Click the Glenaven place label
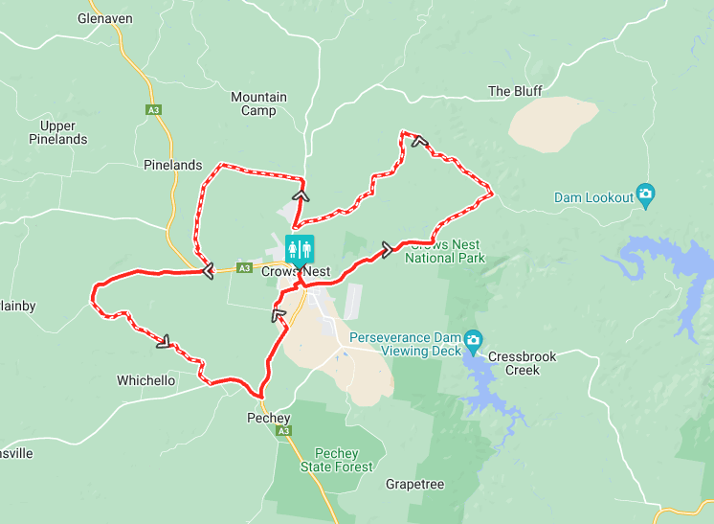click(104, 18)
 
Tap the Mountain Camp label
click(258, 103)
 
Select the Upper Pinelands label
click(64, 132)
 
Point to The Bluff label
click(515, 91)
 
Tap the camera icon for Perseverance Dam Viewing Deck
click(473, 340)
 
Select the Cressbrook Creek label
click(522, 363)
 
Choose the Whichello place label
click(145, 380)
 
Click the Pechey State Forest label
click(329, 460)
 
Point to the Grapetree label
click(414, 484)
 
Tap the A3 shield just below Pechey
click(284, 432)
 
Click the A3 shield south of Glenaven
click(153, 111)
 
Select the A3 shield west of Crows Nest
click(244, 268)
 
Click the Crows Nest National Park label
click(445, 251)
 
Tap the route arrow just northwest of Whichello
click(164, 339)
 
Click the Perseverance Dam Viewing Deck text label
click(405, 344)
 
